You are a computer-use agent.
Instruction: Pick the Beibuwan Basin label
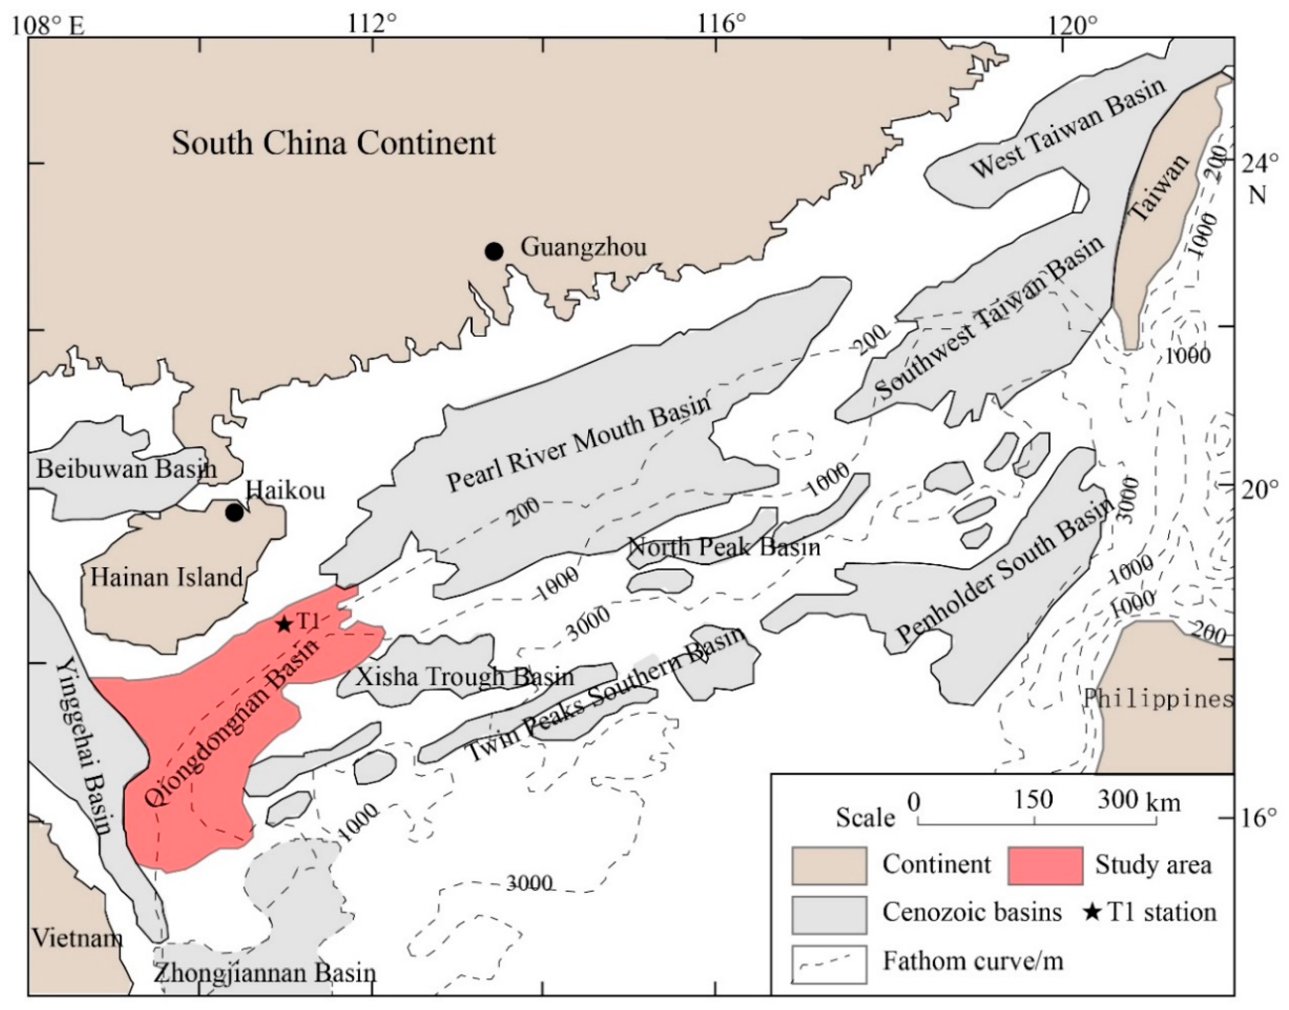click(127, 469)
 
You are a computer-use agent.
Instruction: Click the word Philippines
click(1158, 700)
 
